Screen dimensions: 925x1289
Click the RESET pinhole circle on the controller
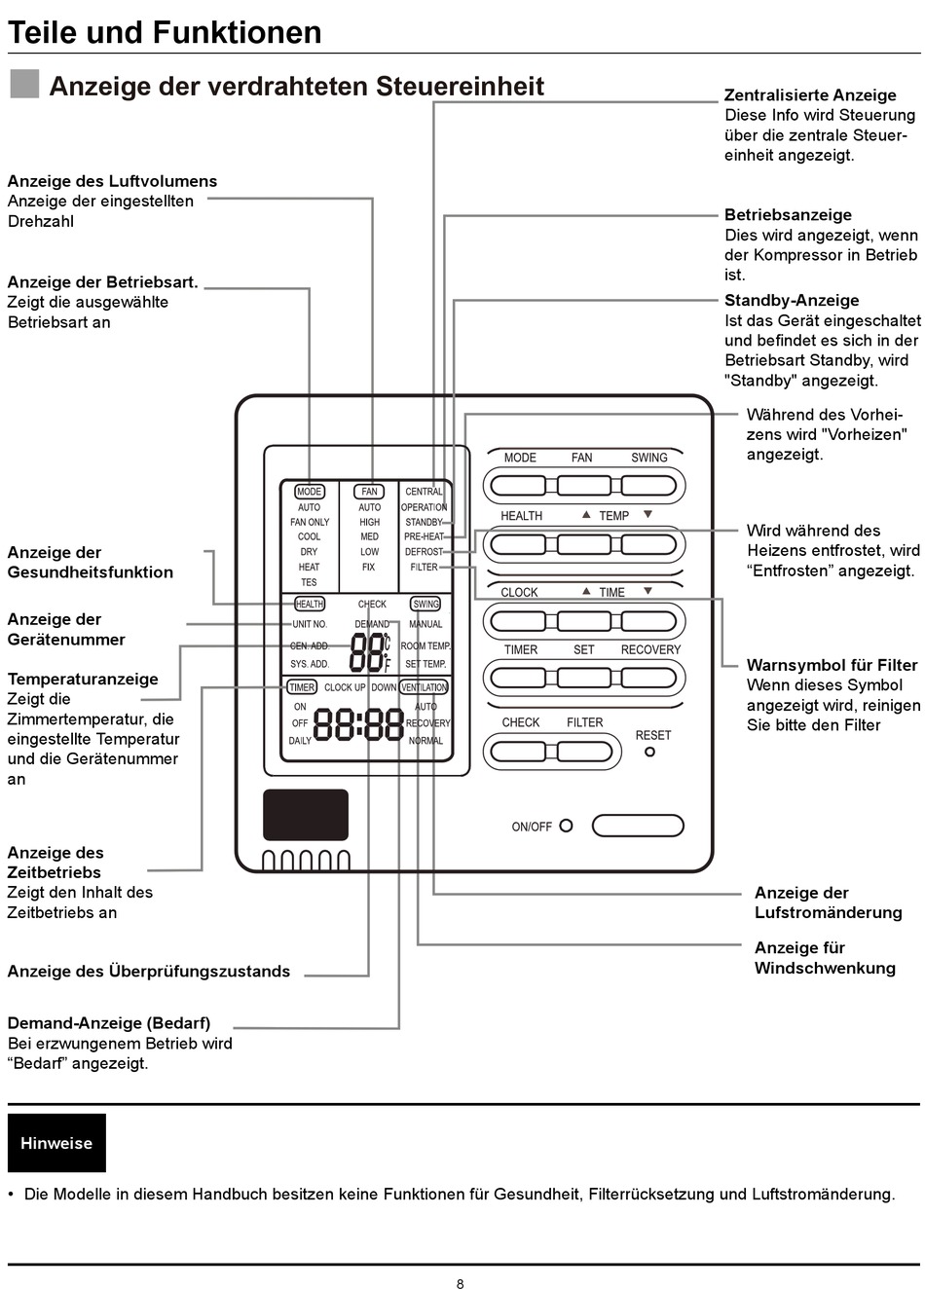point(649,752)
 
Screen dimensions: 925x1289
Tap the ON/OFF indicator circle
point(567,826)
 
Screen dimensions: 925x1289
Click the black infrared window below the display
point(306,815)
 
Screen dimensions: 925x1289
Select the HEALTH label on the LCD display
point(310,604)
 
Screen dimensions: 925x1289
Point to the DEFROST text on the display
point(424,552)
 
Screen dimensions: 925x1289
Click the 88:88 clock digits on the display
point(358,724)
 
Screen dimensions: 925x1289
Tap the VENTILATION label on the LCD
point(425,687)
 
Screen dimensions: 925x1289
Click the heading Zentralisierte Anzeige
point(810,95)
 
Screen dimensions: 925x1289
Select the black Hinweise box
point(56,1143)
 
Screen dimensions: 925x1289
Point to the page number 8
point(460,1284)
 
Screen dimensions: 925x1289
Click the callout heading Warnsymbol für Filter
point(832,665)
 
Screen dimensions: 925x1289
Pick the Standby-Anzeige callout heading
point(792,301)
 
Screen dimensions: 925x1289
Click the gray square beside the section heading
point(24,84)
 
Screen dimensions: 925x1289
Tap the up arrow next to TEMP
point(586,514)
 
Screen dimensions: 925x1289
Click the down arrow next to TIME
point(647,590)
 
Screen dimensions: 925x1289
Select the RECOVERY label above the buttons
point(650,649)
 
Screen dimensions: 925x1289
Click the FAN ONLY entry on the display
point(310,522)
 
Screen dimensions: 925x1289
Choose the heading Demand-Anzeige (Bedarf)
point(109,1023)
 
